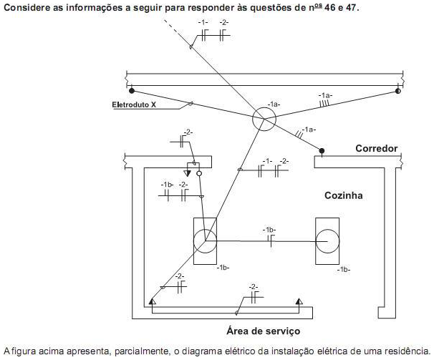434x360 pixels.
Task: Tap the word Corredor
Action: coord(376,149)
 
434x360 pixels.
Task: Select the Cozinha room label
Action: coord(344,195)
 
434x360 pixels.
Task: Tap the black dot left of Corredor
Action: coord(322,151)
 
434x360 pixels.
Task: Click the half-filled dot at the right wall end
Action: coord(397,91)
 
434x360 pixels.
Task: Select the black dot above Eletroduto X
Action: coord(131,91)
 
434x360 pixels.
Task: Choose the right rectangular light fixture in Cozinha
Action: coord(331,241)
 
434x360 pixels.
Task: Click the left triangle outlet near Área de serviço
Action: coord(152,302)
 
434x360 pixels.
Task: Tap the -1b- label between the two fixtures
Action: coord(269,229)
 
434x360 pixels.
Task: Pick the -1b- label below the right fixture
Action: coord(344,269)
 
